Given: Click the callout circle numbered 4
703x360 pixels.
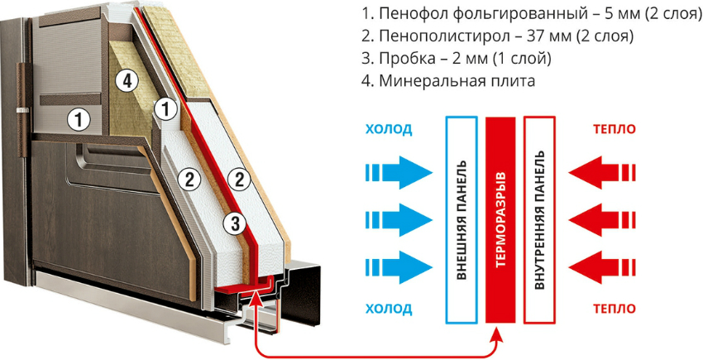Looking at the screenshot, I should pyautogui.click(x=125, y=80).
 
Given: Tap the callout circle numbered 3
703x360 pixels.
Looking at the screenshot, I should pyautogui.click(x=235, y=223).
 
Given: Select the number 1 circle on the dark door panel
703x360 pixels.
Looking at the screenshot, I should pyautogui.click(x=79, y=120).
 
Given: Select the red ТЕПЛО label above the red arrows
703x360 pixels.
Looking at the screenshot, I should pyautogui.click(x=614, y=129).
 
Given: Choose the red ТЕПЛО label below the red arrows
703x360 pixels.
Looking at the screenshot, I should pyautogui.click(x=614, y=310).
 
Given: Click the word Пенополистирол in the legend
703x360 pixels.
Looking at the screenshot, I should pyautogui.click(x=425, y=37).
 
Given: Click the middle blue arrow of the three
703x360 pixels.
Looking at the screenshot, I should pyautogui.click(x=399, y=219).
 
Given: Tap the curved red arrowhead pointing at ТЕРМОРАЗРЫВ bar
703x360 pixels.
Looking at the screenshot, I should pyautogui.click(x=496, y=336).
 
